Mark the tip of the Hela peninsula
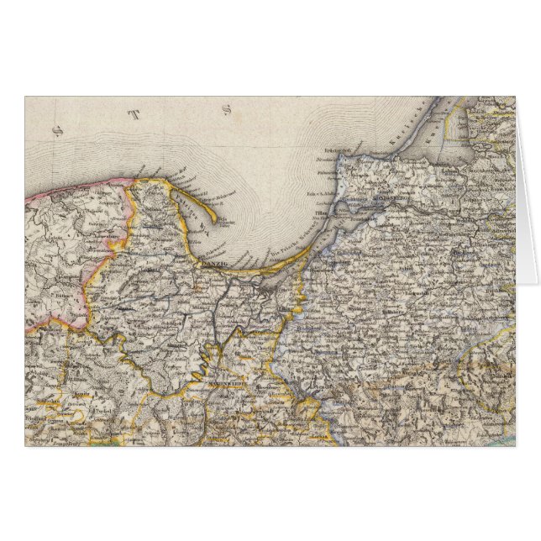[x=215, y=221]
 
